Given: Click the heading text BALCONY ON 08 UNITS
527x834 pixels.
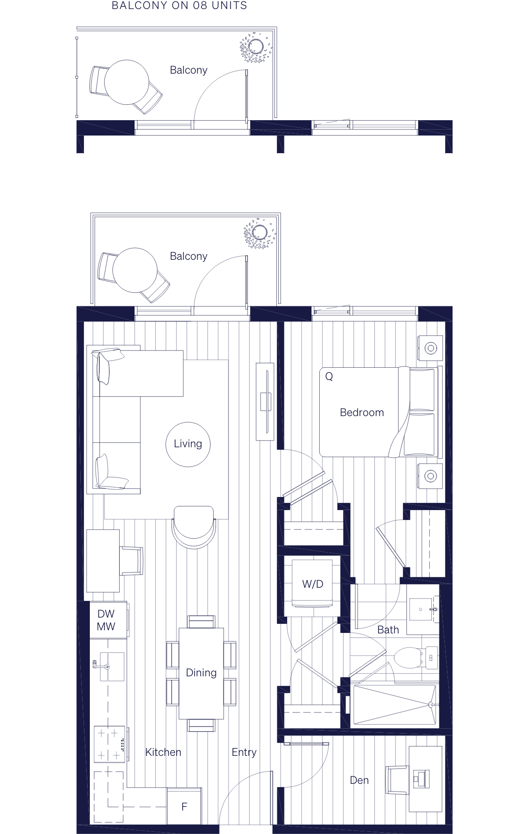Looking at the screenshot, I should (179, 6).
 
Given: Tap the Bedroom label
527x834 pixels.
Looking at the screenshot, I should (362, 412).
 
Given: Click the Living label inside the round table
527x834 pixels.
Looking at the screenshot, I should (188, 444).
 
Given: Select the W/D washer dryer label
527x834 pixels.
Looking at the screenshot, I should (312, 584).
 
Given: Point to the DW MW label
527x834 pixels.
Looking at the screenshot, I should (106, 620).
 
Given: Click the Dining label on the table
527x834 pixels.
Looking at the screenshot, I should (201, 673).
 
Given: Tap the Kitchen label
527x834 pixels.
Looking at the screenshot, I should (163, 752).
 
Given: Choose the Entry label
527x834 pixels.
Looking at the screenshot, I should (244, 752).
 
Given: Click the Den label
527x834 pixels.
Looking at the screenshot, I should (359, 780).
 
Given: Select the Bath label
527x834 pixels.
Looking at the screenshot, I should (388, 630).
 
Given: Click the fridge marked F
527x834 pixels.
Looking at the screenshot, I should (184, 806).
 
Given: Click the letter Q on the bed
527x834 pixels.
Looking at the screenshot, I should (329, 376).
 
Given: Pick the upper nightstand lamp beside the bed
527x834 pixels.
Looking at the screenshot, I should (430, 348).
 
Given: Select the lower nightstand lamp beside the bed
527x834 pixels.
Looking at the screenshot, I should (430, 476).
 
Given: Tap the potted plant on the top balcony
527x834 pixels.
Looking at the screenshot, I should (256, 47).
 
